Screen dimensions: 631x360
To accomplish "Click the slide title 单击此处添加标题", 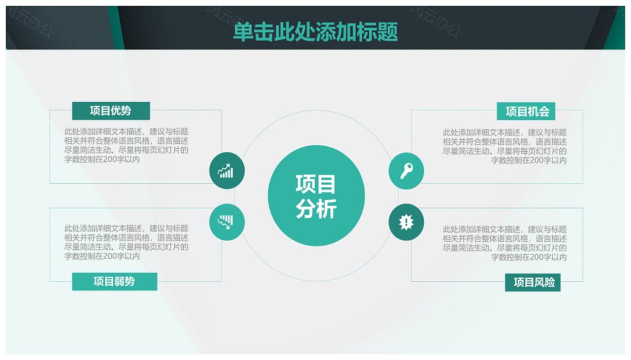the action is [x=315, y=32].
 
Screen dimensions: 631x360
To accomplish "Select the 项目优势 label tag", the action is [x=111, y=110].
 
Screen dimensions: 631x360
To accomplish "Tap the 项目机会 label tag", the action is [x=526, y=112].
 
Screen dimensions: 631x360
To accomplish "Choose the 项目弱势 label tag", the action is [x=114, y=281].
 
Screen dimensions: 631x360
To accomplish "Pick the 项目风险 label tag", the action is [x=533, y=282].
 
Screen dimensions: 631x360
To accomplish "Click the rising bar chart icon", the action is [x=227, y=171].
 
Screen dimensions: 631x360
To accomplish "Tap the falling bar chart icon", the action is [x=227, y=222].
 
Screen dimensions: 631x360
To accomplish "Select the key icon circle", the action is [x=406, y=171].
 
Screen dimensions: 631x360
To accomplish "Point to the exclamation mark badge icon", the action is [x=406, y=222].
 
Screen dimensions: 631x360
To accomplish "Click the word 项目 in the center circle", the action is [x=316, y=184].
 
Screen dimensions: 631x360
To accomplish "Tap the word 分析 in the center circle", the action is [x=316, y=209].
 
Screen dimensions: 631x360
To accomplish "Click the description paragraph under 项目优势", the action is [x=126, y=145].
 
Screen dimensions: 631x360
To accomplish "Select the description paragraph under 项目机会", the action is [x=505, y=146].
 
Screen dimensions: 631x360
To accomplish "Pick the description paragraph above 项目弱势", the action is [x=126, y=242].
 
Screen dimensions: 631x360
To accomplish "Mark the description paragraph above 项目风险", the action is [x=505, y=243].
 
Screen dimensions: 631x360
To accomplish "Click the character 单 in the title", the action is [x=243, y=32].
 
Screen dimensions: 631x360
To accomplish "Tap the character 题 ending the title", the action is [x=388, y=32].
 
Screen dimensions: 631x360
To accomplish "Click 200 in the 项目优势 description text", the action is [x=109, y=159].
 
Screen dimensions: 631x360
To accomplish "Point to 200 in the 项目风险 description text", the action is [x=536, y=257].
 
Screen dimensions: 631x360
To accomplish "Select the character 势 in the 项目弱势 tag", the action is [x=129, y=281].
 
